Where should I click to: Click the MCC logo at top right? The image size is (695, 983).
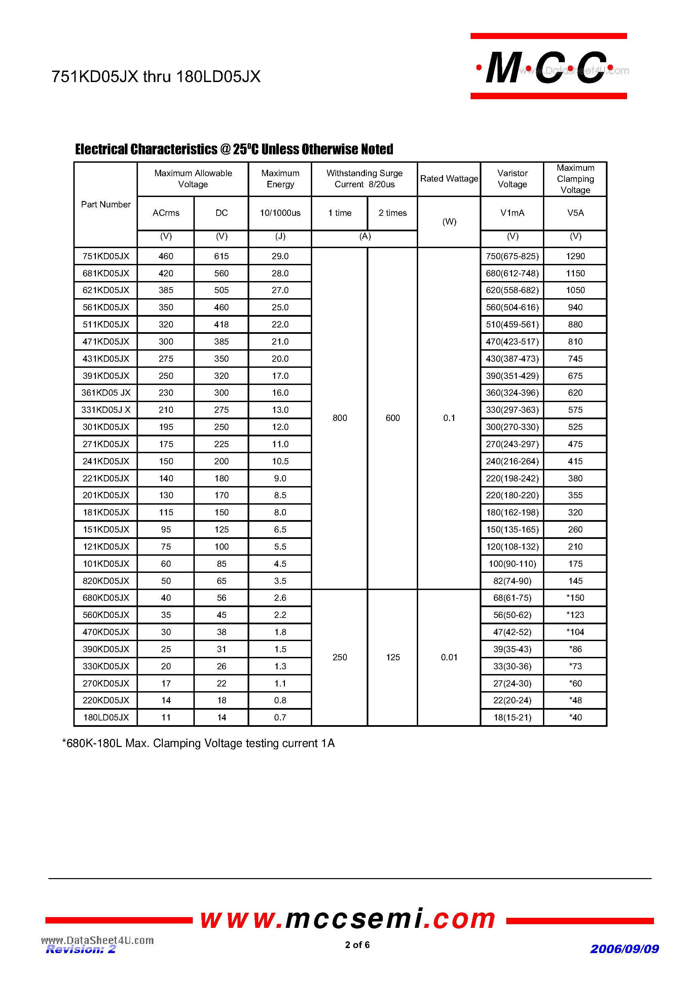click(548, 66)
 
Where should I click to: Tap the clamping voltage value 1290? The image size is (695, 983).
click(575, 256)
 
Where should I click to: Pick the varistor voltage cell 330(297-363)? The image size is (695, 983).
click(512, 410)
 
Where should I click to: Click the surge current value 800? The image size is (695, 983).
click(339, 418)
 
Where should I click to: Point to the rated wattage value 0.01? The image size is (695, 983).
click(449, 657)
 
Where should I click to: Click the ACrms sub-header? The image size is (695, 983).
click(166, 213)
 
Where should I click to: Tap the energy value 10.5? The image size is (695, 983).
click(280, 461)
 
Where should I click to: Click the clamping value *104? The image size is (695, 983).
click(575, 632)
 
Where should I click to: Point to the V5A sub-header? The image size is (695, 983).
click(575, 213)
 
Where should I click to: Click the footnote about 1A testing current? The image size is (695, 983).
click(198, 743)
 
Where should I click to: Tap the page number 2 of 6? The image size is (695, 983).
click(357, 944)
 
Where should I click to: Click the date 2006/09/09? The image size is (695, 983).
click(624, 949)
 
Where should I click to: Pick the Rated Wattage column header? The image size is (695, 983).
click(449, 179)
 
